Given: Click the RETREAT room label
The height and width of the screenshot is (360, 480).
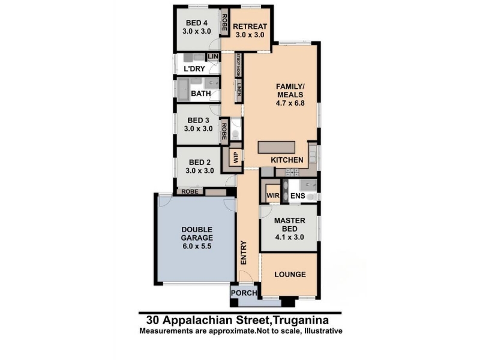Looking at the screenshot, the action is point(250,26).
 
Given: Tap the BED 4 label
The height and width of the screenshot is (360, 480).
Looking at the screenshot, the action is point(197,23).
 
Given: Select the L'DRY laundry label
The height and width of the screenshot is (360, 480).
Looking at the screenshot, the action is point(194,68).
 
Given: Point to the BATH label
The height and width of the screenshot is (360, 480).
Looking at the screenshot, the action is point(201,94).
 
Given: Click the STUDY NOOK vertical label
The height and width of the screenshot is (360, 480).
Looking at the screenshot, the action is point(238,65).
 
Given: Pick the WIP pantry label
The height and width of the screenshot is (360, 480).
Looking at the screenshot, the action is point(236,158).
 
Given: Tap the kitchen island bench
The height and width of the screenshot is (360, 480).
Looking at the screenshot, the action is point(277,147).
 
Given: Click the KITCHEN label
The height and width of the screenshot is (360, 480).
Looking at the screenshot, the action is point(287,160).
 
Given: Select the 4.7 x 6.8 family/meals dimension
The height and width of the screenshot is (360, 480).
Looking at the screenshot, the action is point(290,103).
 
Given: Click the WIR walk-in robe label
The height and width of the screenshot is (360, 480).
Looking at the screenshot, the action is point(273,196).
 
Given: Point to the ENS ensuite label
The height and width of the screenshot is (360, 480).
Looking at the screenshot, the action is point(298,196).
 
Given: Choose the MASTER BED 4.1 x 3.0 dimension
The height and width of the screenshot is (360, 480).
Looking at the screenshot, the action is point(290,237).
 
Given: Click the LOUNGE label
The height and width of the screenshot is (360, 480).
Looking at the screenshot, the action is point(290,274).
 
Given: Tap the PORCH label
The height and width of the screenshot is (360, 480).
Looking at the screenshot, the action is point(244,293).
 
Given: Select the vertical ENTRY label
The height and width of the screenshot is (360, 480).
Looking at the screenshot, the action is point(244,253).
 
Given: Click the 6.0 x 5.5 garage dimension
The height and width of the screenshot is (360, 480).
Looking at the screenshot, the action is point(197,246).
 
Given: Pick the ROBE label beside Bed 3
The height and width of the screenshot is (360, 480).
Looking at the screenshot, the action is point(224,131).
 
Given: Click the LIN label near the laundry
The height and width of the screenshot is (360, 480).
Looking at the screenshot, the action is point(213,56).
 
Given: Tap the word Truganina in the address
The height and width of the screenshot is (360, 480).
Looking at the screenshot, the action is point(301,320).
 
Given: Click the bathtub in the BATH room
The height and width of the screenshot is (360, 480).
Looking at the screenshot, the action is point(183,89).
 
